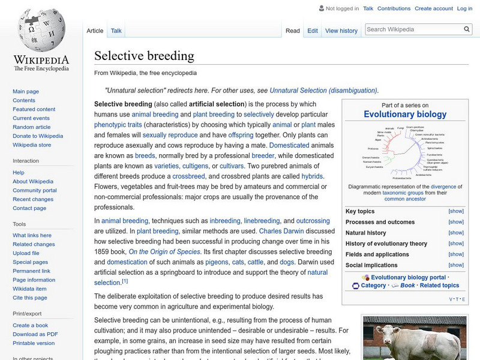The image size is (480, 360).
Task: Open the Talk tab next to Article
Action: tap(116, 31)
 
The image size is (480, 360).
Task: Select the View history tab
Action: tap(341, 31)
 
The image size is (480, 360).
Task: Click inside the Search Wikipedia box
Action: tap(413, 29)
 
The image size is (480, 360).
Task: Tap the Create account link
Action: tap(434, 8)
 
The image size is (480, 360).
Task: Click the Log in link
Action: tap(464, 8)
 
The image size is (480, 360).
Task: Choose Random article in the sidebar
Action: tap(31, 127)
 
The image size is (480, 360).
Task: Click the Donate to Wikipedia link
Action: tap(38, 136)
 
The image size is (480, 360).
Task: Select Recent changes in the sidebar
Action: tap(33, 199)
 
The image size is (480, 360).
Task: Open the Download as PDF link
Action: tap(35, 334)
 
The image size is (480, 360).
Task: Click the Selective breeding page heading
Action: tap(144, 56)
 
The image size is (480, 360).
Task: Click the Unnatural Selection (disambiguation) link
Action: tap(323, 90)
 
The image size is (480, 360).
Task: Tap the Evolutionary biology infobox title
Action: tap(405, 114)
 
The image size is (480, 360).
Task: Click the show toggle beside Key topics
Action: tap(456, 211)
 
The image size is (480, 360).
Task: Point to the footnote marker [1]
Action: tap(125, 281)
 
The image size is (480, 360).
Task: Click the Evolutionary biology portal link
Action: tap(408, 277)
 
